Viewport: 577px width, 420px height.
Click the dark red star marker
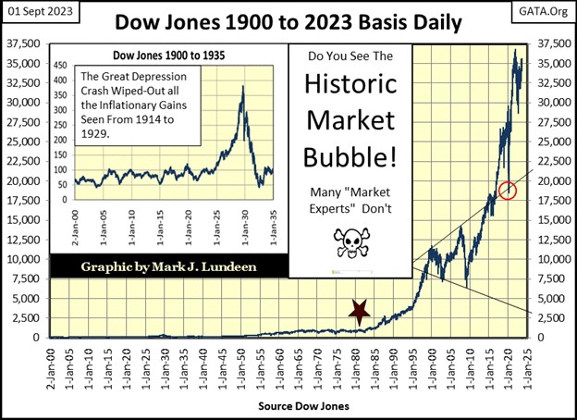pyautogui.click(x=358, y=311)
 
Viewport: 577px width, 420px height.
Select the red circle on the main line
pyautogui.click(x=508, y=191)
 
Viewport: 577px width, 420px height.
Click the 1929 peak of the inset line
pyautogui.click(x=242, y=87)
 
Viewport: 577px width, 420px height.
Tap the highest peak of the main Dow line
pyautogui.click(x=515, y=50)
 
